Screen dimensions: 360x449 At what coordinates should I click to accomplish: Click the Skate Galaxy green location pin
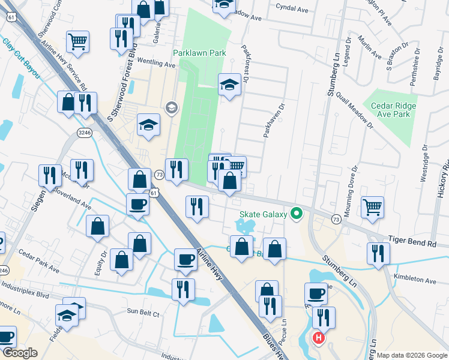tap(295, 213)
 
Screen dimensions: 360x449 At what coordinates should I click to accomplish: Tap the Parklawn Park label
tap(199, 53)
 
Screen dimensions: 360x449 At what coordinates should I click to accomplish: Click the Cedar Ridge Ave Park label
tap(393, 110)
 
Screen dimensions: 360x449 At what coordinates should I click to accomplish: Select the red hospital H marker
tap(319, 338)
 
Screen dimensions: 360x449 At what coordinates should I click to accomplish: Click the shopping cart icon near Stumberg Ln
tap(373, 208)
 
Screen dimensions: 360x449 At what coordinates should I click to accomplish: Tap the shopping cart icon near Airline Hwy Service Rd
tap(77, 41)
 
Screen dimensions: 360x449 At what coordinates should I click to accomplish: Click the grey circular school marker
tap(171, 107)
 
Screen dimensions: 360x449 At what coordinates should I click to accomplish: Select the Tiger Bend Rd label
tap(415, 244)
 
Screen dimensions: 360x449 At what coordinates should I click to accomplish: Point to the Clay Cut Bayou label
tap(21, 59)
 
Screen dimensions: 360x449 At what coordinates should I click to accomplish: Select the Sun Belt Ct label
tap(143, 313)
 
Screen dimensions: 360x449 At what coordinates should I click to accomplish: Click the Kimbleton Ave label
tap(415, 280)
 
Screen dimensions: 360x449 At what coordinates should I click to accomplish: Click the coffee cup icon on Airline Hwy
tap(185, 259)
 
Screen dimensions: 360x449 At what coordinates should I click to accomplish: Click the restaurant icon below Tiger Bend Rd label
tap(378, 253)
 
